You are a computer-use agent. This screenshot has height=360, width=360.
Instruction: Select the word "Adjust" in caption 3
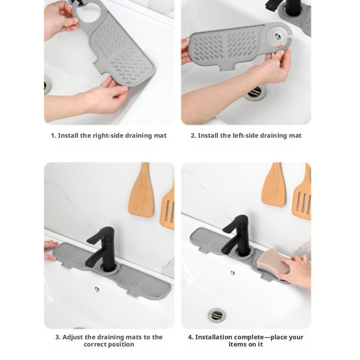click(73, 337)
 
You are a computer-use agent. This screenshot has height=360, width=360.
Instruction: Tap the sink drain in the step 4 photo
click(217, 315)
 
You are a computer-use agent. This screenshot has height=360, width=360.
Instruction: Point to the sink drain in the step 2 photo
click(256, 92)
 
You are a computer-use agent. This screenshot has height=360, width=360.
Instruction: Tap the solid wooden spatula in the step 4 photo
click(274, 185)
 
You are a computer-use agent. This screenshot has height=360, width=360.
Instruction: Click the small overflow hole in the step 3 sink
click(97, 289)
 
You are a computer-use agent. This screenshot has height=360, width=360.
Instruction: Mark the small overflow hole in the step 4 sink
click(232, 273)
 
